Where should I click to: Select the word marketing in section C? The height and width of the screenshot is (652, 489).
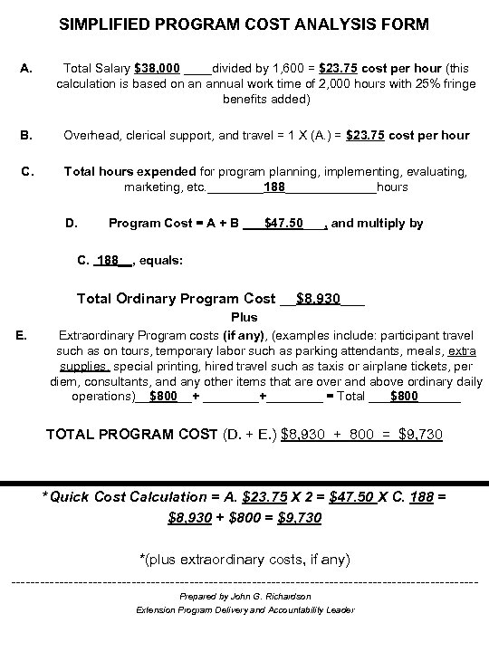point(152,187)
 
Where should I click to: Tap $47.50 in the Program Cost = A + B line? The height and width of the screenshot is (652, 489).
point(283,222)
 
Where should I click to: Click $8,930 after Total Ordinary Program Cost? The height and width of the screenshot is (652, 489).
point(318,298)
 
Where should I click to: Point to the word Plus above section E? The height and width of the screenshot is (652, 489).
point(244,318)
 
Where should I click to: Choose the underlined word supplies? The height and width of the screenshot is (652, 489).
point(84,367)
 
